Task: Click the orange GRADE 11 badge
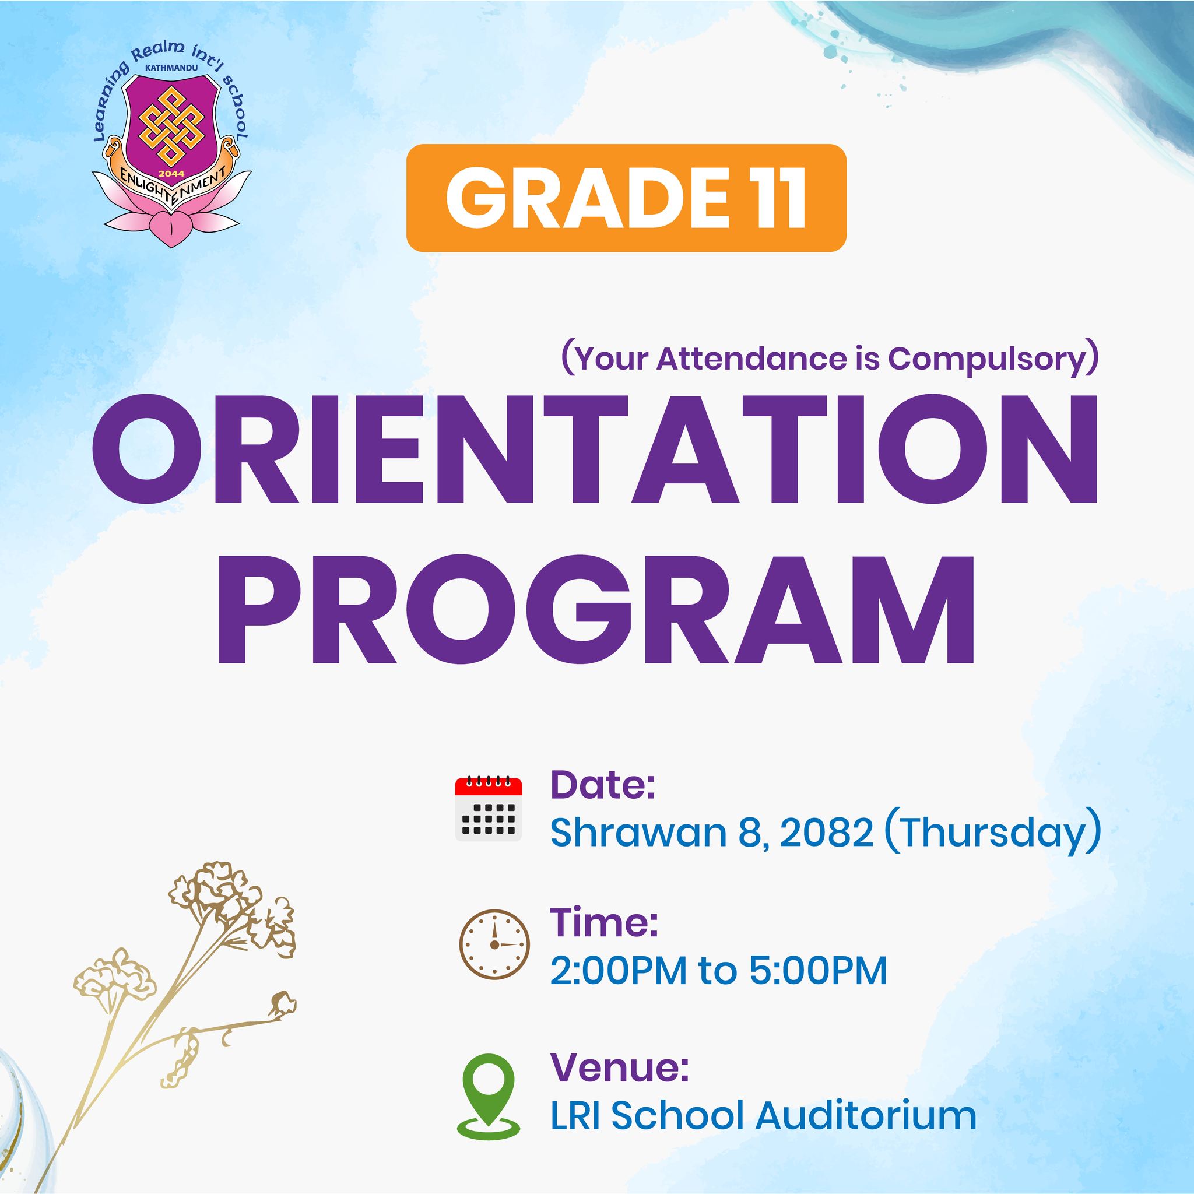pos(626,198)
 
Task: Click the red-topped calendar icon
pos(489,807)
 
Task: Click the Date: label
pos(603,785)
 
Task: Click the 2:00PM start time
pos(619,971)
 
